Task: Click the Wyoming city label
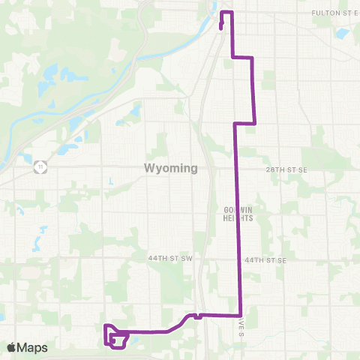[x=171, y=168]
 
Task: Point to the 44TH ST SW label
[x=171, y=258]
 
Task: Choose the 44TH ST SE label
[x=265, y=259]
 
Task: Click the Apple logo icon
[x=11, y=347]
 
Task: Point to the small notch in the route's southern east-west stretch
[x=196, y=316]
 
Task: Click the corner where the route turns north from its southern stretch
[x=240, y=316]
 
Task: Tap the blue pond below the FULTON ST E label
[x=343, y=34]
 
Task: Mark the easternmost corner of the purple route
[x=256, y=122]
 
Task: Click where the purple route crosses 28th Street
[x=238, y=169]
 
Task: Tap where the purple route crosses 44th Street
[x=239, y=259]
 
